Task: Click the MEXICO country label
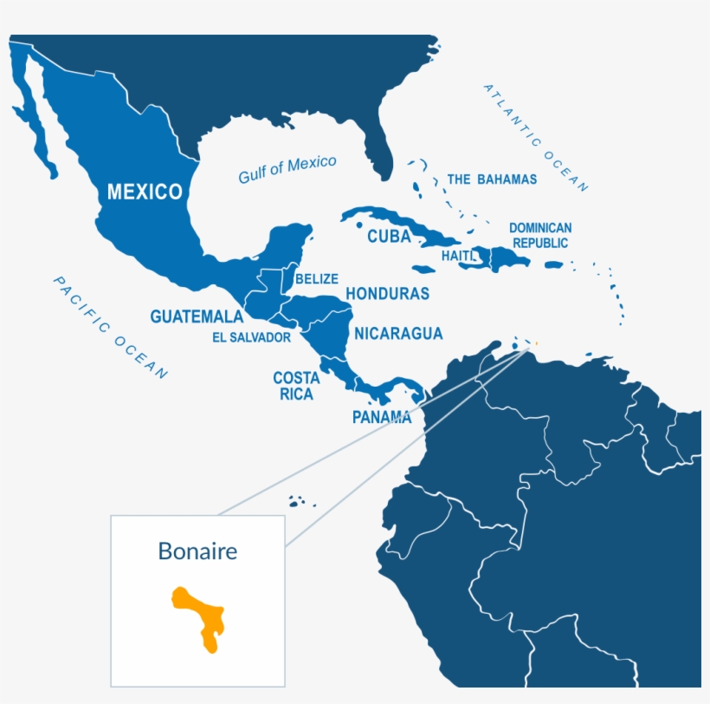[x=145, y=192]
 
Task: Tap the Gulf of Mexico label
[x=287, y=169]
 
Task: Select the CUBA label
[x=389, y=237]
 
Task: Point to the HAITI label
[x=458, y=257]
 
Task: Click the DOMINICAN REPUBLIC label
[x=539, y=235]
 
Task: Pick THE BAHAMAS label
[x=492, y=179]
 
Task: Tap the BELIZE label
[x=316, y=279]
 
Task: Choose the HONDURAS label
[x=387, y=294]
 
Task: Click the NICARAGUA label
[x=398, y=333]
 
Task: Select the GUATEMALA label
[x=197, y=316]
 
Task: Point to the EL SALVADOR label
[x=251, y=337]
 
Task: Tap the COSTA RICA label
[x=296, y=386]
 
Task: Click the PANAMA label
[x=381, y=417]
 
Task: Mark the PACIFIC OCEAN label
[x=111, y=327]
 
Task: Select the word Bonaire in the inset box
[x=197, y=551]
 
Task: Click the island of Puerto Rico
[x=554, y=264]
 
